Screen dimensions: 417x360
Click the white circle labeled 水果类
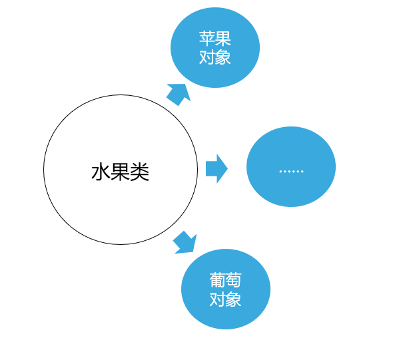pyautogui.click(x=121, y=170)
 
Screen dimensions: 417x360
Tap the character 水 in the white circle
pyautogui.click(x=101, y=172)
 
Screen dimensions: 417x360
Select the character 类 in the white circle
pyautogui.click(x=140, y=172)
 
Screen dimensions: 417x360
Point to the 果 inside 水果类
pyautogui.click(x=120, y=172)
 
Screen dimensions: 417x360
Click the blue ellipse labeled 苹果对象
pyautogui.click(x=215, y=47)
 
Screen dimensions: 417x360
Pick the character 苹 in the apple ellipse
pyautogui.click(x=207, y=39)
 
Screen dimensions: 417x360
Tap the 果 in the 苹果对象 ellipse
pyautogui.click(x=223, y=39)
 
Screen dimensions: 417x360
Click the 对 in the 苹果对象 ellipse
pyautogui.click(x=207, y=57)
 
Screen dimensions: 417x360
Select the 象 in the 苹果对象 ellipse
pyautogui.click(x=223, y=57)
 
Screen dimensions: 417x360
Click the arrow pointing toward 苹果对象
pyautogui.click(x=179, y=94)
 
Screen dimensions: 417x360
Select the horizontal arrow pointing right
pyautogui.click(x=216, y=169)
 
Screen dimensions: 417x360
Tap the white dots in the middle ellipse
pyautogui.click(x=292, y=172)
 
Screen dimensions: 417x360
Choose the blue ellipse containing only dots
pyautogui.click(x=291, y=166)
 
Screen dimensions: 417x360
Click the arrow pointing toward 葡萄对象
pyautogui.click(x=185, y=242)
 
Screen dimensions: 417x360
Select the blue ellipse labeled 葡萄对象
pyautogui.click(x=226, y=289)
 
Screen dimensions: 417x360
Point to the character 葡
pyautogui.click(x=218, y=280)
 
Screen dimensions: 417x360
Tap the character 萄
pyautogui.click(x=234, y=280)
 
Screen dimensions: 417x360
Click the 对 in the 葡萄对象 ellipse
pyautogui.click(x=218, y=299)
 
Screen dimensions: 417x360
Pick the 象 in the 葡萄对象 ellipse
pyautogui.click(x=234, y=299)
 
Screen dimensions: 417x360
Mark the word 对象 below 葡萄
pyautogui.click(x=226, y=299)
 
